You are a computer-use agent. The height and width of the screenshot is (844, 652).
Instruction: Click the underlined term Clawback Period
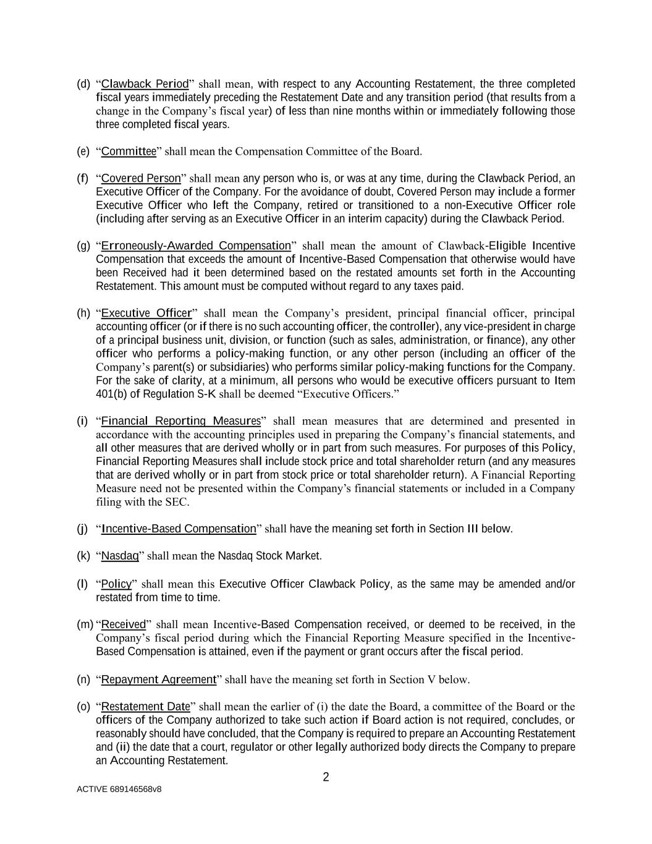[145, 83]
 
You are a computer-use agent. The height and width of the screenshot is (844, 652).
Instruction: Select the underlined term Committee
[129, 151]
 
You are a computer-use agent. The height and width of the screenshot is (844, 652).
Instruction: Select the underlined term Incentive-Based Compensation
[179, 529]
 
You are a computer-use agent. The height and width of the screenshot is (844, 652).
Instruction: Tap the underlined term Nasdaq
[120, 556]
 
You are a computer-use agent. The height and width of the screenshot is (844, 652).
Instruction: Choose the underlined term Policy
[116, 584]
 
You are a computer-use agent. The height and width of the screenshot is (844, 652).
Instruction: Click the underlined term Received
[124, 624]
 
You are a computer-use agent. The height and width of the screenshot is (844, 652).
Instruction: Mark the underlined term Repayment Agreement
[159, 680]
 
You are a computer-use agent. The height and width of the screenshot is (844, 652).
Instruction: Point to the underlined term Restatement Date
[145, 707]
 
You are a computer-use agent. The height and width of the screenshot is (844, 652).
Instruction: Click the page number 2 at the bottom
[326, 777]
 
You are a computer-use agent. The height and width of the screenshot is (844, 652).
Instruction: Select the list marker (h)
[83, 313]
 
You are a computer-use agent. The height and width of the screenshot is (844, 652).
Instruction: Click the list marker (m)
[85, 624]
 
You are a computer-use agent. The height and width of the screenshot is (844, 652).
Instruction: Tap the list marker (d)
[83, 83]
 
